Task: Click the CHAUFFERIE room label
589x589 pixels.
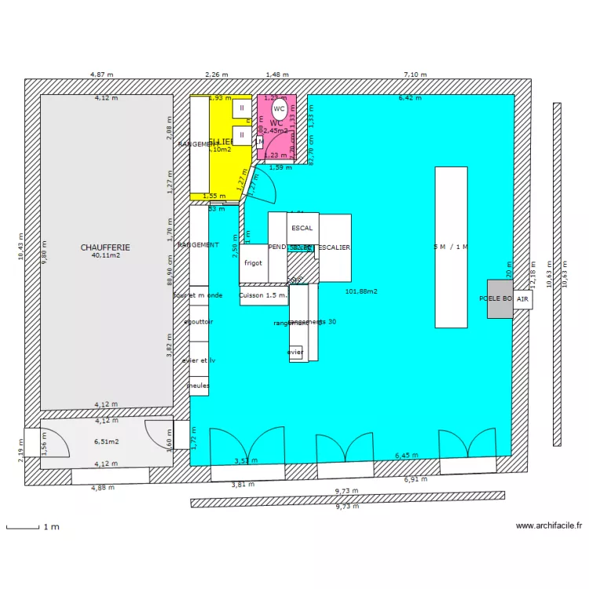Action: coord(105,247)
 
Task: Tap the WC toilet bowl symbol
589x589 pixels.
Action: coord(280,111)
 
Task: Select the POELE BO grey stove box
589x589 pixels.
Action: coord(499,299)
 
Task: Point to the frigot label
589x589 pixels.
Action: coord(253,263)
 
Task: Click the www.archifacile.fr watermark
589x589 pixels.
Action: coord(549,526)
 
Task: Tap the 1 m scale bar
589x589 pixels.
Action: coord(23,527)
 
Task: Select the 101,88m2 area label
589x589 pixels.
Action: coord(361,291)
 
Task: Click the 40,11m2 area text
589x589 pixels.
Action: coord(105,256)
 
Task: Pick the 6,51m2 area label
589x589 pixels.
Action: coord(107,441)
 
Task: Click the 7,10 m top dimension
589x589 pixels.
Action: coord(415,75)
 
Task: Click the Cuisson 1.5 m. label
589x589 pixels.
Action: coord(263,295)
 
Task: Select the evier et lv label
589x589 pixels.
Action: coord(198,360)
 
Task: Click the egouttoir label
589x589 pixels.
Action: coord(198,322)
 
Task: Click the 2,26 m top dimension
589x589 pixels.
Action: coord(216,75)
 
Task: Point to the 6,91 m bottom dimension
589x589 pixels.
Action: coord(415,479)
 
